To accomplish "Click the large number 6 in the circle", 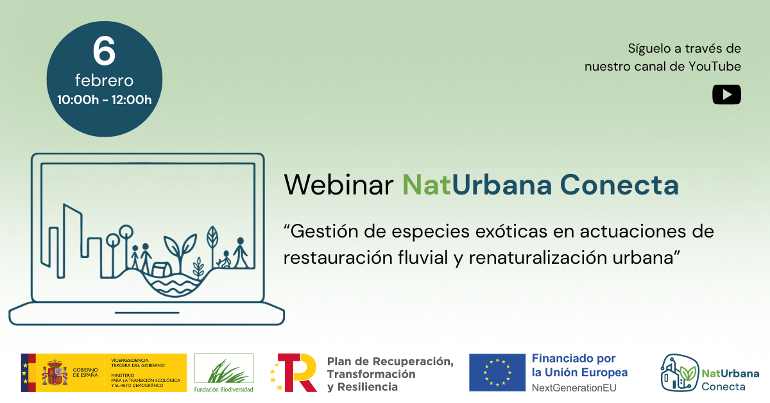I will coord(104,51).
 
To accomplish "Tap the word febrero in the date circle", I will coord(104,81).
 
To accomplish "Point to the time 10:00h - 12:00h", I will coord(104,99).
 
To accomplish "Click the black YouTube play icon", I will coord(726,94).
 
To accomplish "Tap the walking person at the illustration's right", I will coord(241,253).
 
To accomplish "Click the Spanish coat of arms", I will coord(55,372).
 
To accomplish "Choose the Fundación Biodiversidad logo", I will coord(223,372).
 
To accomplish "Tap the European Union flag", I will coord(497,372).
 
